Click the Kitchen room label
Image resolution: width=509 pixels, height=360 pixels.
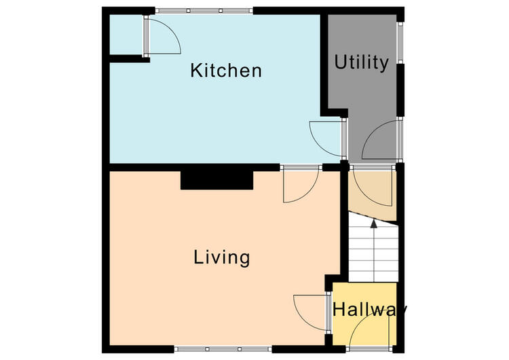(226, 70)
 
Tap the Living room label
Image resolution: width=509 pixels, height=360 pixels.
(222, 257)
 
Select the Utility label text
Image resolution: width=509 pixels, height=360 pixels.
(361, 62)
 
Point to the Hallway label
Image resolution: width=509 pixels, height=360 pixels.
(369, 309)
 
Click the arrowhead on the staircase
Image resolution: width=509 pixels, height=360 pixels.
(374, 223)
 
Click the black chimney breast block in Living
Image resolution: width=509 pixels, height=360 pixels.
(217, 180)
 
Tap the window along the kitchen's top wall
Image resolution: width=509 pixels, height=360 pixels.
(204, 11)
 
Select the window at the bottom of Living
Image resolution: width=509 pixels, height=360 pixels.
(223, 349)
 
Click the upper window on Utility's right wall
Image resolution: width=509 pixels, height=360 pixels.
(400, 43)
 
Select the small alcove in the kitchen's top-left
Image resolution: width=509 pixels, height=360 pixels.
(127, 35)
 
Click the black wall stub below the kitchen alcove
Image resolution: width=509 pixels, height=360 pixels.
(130, 59)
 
